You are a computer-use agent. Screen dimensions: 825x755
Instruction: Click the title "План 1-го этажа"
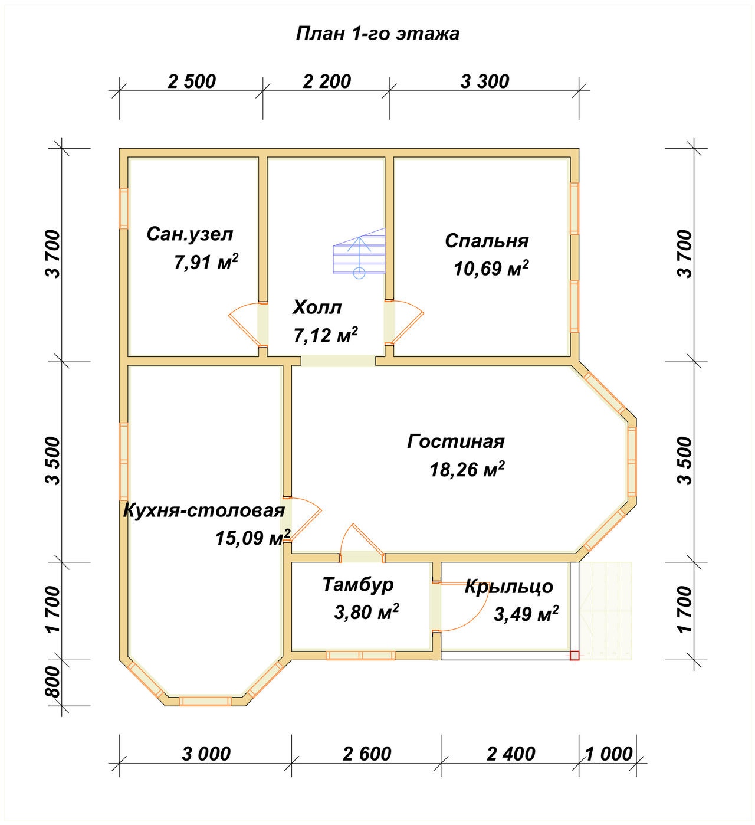click(377, 34)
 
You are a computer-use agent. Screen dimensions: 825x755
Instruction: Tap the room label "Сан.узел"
click(190, 234)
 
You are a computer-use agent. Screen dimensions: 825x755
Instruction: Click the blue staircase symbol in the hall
click(359, 254)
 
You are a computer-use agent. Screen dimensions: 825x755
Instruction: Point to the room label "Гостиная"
click(455, 441)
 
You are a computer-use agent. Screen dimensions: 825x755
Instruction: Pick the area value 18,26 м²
click(467, 470)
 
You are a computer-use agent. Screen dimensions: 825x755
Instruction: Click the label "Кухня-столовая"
click(203, 510)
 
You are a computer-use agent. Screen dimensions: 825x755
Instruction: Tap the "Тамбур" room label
click(358, 585)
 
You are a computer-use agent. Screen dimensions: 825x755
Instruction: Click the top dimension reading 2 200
click(327, 81)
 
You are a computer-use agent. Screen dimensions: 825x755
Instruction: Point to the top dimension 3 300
click(485, 81)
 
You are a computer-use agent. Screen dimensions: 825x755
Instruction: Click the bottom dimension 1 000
click(609, 754)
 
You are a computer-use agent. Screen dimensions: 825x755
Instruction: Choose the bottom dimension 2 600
click(367, 754)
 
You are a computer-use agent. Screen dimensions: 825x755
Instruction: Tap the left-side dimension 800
click(53, 682)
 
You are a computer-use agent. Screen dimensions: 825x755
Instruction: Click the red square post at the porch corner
click(575, 655)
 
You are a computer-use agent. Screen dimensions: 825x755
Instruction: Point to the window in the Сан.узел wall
click(124, 208)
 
